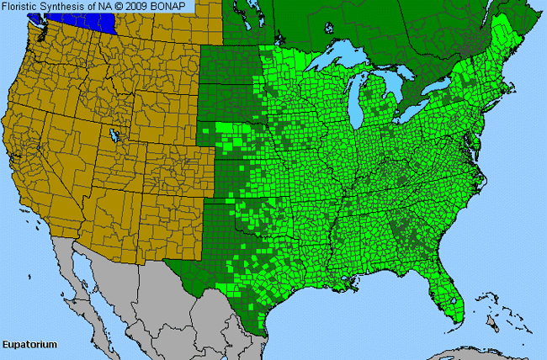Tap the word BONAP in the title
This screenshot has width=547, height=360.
coord(173,7)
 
